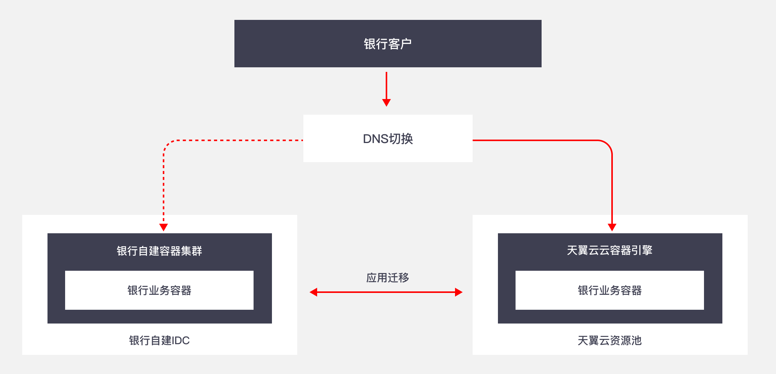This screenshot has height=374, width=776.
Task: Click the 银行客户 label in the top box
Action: click(x=388, y=44)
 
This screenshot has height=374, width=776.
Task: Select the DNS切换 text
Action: click(x=388, y=139)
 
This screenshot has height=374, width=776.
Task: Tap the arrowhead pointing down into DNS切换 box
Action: click(x=386, y=102)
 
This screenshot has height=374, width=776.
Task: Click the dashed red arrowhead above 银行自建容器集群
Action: click(x=164, y=228)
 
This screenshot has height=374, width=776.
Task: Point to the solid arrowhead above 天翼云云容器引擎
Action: click(x=612, y=228)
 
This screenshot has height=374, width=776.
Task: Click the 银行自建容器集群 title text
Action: click(x=159, y=251)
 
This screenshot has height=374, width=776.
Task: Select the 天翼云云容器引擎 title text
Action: click(x=609, y=250)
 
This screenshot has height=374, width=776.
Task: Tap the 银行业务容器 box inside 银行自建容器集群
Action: click(x=159, y=290)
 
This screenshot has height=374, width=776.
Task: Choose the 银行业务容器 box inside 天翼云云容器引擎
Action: click(x=609, y=290)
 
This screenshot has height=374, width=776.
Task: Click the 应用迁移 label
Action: click(x=388, y=278)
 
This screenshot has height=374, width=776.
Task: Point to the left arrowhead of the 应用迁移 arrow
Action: click(x=314, y=292)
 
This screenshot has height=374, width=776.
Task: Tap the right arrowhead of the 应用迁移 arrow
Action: click(x=458, y=292)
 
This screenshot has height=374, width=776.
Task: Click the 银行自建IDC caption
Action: click(x=159, y=340)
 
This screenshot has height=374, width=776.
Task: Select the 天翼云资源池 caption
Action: click(x=609, y=340)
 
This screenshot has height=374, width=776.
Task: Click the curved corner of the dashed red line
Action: click(x=167, y=144)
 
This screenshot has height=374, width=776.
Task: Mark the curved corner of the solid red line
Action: click(x=608, y=144)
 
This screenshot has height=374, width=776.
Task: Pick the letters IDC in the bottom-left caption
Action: click(x=181, y=340)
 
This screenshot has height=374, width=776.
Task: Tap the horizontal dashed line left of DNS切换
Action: click(x=237, y=140)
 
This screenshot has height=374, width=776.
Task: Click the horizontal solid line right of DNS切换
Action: click(x=536, y=140)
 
